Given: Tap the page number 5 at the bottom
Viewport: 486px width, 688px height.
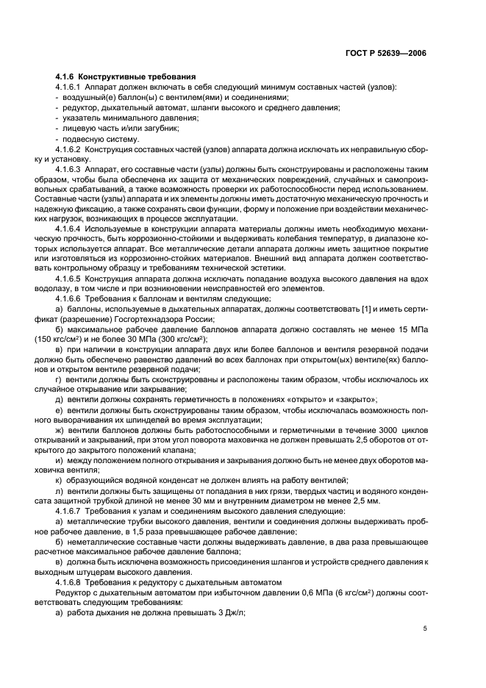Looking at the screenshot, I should [425, 628].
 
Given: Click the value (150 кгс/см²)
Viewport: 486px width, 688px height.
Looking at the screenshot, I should [80, 340].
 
